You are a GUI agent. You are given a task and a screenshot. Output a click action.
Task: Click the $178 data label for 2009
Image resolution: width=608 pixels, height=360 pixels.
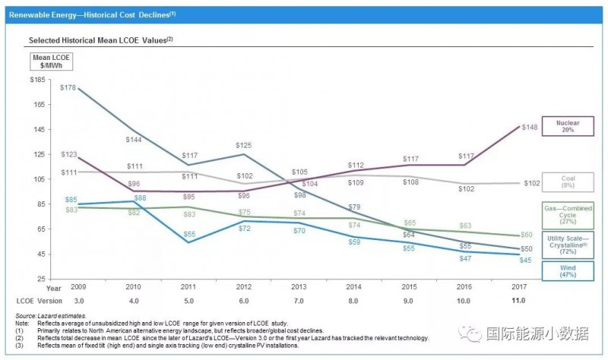(x=68, y=88)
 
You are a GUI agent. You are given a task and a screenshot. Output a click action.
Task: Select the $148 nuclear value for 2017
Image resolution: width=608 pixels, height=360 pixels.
(x=530, y=128)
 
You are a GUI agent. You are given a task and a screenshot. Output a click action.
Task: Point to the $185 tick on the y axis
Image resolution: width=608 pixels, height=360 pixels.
(x=37, y=80)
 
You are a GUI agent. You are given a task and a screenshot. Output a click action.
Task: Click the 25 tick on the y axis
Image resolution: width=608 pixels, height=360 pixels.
(x=40, y=279)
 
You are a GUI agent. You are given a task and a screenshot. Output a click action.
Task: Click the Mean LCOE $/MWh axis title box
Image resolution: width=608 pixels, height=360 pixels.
(x=48, y=61)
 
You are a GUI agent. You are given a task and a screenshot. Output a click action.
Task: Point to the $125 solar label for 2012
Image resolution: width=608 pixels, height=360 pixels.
(x=243, y=145)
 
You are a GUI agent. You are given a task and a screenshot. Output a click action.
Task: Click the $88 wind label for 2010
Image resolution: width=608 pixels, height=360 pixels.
(x=141, y=197)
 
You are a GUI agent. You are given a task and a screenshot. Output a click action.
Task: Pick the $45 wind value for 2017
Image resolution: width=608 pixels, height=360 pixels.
(x=525, y=261)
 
